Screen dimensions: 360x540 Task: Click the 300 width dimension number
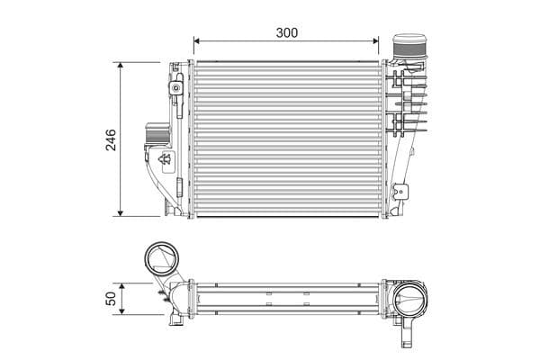point(287,31)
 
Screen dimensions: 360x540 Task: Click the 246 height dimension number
point(111,139)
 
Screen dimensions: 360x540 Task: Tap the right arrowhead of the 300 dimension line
point(375,41)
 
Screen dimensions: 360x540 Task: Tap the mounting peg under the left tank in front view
point(167,209)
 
